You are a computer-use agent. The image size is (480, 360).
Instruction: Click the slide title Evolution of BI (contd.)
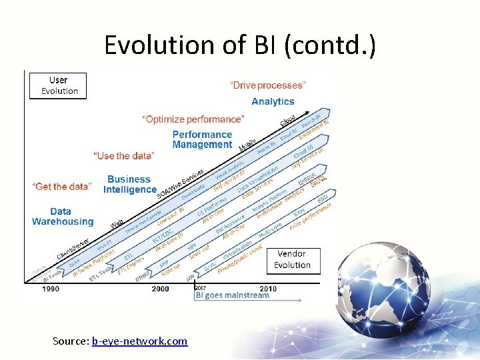[240, 45]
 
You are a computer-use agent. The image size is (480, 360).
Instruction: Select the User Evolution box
[59, 86]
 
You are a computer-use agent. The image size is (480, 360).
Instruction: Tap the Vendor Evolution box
[292, 259]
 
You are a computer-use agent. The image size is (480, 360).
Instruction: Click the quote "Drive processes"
[268, 85]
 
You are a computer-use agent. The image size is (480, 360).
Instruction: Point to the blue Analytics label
[273, 101]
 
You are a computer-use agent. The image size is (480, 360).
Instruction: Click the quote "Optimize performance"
[193, 119]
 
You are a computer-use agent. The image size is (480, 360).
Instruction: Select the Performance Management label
[202, 139]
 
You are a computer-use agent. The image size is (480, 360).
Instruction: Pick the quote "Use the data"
[124, 155]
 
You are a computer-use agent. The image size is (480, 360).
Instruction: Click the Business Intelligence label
[129, 185]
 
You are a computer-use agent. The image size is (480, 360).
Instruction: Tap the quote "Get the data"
[61, 187]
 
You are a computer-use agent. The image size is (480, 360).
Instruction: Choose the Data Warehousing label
[63, 217]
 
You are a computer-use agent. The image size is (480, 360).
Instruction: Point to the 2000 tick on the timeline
[160, 289]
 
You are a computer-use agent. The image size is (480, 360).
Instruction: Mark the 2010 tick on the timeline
[268, 289]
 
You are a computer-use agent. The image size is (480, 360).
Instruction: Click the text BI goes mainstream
[232, 295]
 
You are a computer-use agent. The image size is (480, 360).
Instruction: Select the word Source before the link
[70, 341]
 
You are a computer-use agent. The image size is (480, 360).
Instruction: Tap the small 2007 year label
[201, 287]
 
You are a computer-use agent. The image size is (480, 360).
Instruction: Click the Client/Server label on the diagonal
[73, 249]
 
